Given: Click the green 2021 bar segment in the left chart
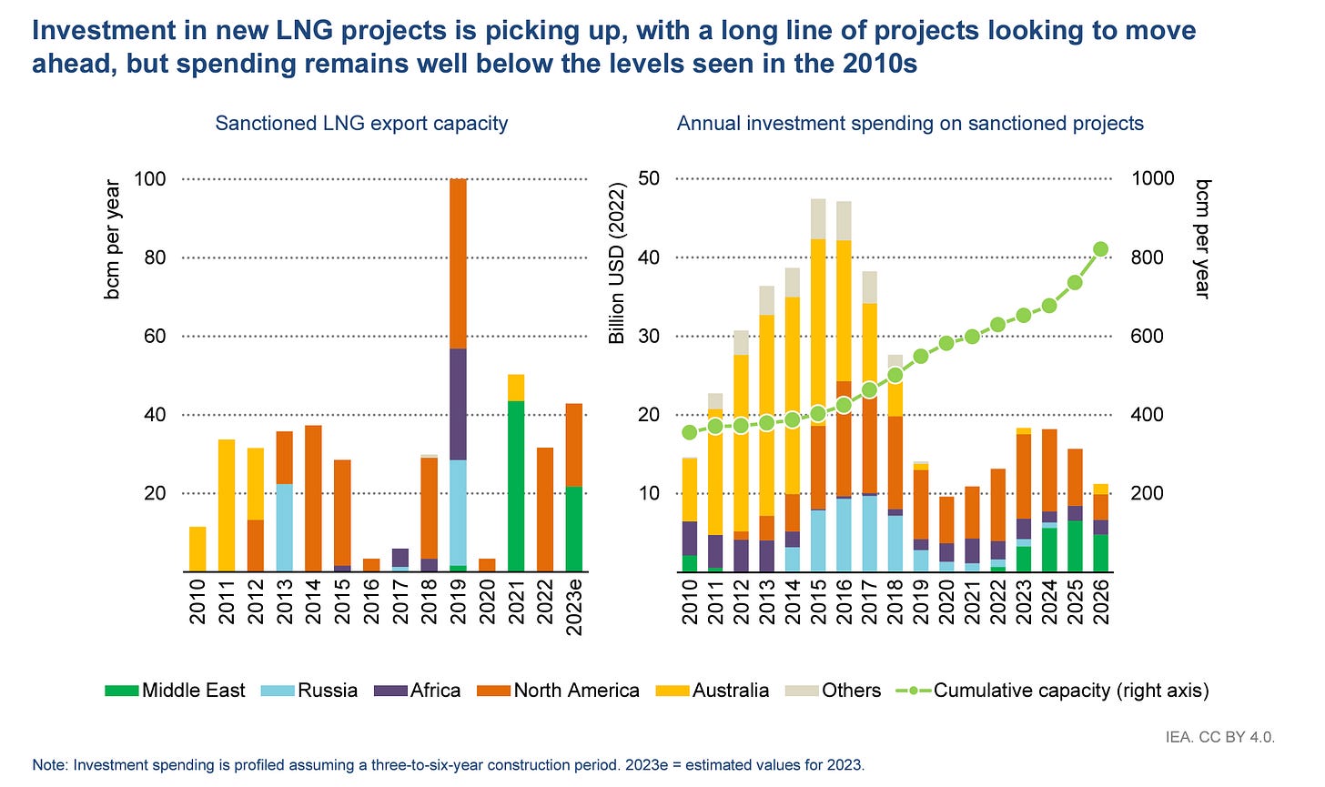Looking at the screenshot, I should coord(516,486).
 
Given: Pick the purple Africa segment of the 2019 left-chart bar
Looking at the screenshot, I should coord(458,405).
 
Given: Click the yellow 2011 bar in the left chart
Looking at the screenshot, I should coord(228,505).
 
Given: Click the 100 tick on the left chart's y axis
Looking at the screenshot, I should coord(150,178).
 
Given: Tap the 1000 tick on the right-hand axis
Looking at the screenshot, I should coord(1153,178).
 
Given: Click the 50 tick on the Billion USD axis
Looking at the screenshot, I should coord(649,178).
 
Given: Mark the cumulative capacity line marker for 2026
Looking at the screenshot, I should coord(1100,249).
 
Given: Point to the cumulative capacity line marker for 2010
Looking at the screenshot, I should coord(690,432).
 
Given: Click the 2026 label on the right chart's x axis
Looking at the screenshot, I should coord(1101,602).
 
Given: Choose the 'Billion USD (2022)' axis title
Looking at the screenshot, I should coord(617,264).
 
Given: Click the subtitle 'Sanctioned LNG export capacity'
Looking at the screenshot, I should coord(361,123).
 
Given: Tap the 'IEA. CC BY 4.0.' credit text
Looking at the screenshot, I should coord(1220,737).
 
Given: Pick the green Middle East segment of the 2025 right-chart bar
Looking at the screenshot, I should coord(1075,546).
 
